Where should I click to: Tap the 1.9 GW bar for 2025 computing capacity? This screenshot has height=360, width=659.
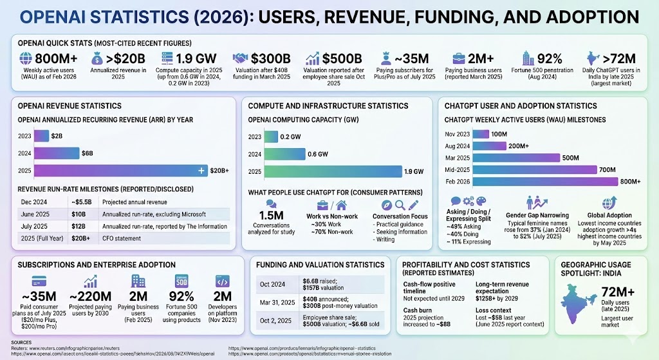coord(331,171)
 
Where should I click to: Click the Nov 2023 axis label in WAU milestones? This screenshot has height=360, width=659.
coord(458,134)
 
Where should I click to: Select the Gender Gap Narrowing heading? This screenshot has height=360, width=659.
coord(537,214)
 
